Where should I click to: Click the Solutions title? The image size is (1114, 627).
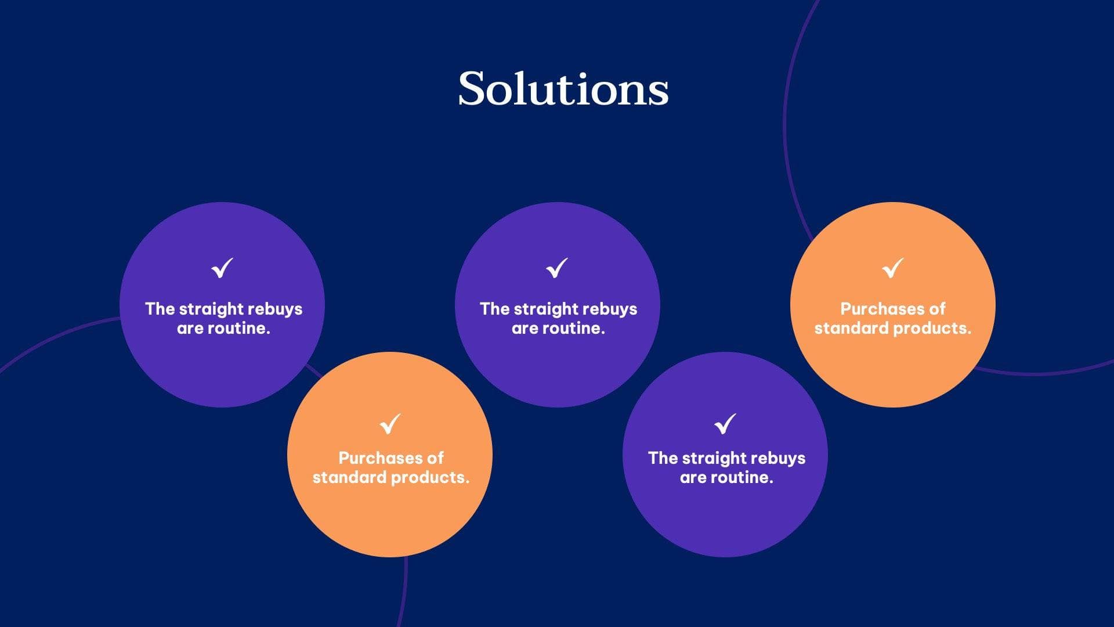pos(563,88)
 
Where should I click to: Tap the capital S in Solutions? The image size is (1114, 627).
pos(472,88)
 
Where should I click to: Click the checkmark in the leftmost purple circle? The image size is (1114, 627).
pos(222,268)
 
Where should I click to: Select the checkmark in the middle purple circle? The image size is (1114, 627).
pos(556,268)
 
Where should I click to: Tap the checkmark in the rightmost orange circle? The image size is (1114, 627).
pos(892,268)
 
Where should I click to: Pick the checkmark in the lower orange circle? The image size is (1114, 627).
pos(390,423)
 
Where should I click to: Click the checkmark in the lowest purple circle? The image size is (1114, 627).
pos(725,423)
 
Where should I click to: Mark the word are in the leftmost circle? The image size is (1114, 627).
pos(190,329)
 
